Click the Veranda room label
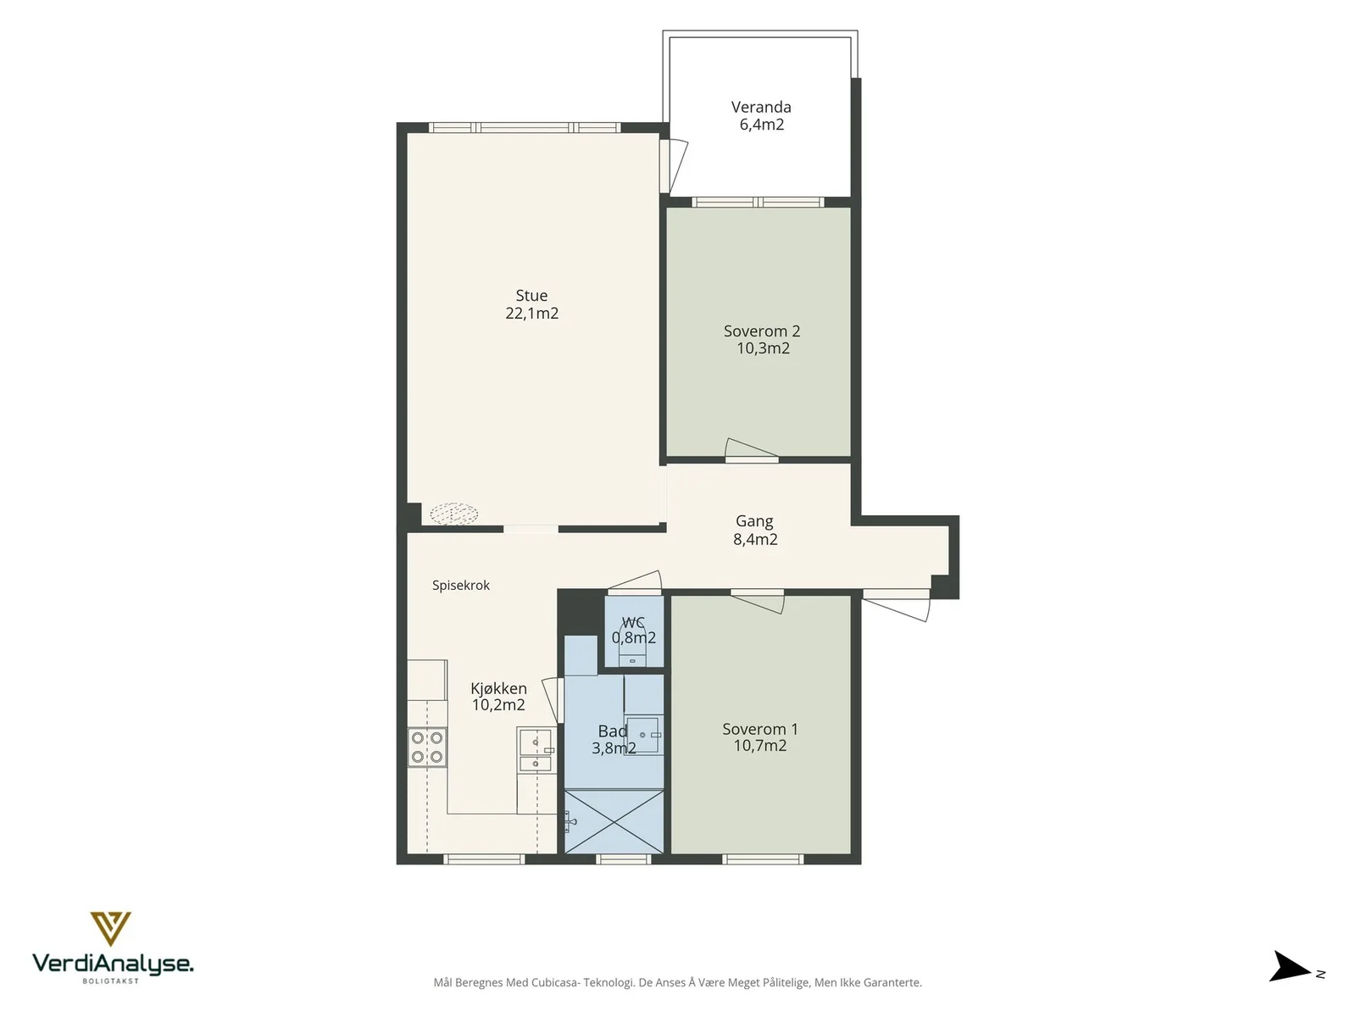760,107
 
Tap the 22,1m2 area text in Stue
531,313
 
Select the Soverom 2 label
762,331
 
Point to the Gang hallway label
754,522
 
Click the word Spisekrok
461,586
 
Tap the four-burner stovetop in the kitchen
427,747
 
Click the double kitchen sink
536,750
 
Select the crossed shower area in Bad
614,821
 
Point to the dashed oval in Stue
453,513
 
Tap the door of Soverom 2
751,450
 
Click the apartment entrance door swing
897,605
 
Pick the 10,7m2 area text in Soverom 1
760,746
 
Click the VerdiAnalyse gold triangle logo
110,928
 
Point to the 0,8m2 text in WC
634,638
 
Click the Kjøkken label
498,688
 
